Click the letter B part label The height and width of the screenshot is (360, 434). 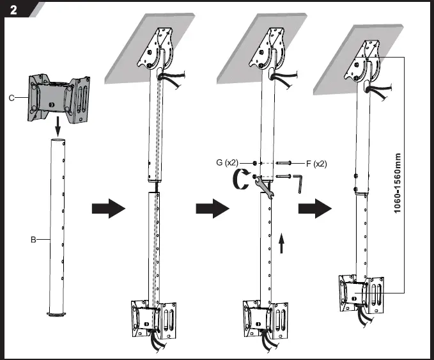32,240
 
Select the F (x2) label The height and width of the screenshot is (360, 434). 314,164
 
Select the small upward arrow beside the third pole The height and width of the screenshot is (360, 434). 281,244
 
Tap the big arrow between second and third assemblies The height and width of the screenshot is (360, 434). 210,208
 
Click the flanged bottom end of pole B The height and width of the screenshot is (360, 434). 58,313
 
